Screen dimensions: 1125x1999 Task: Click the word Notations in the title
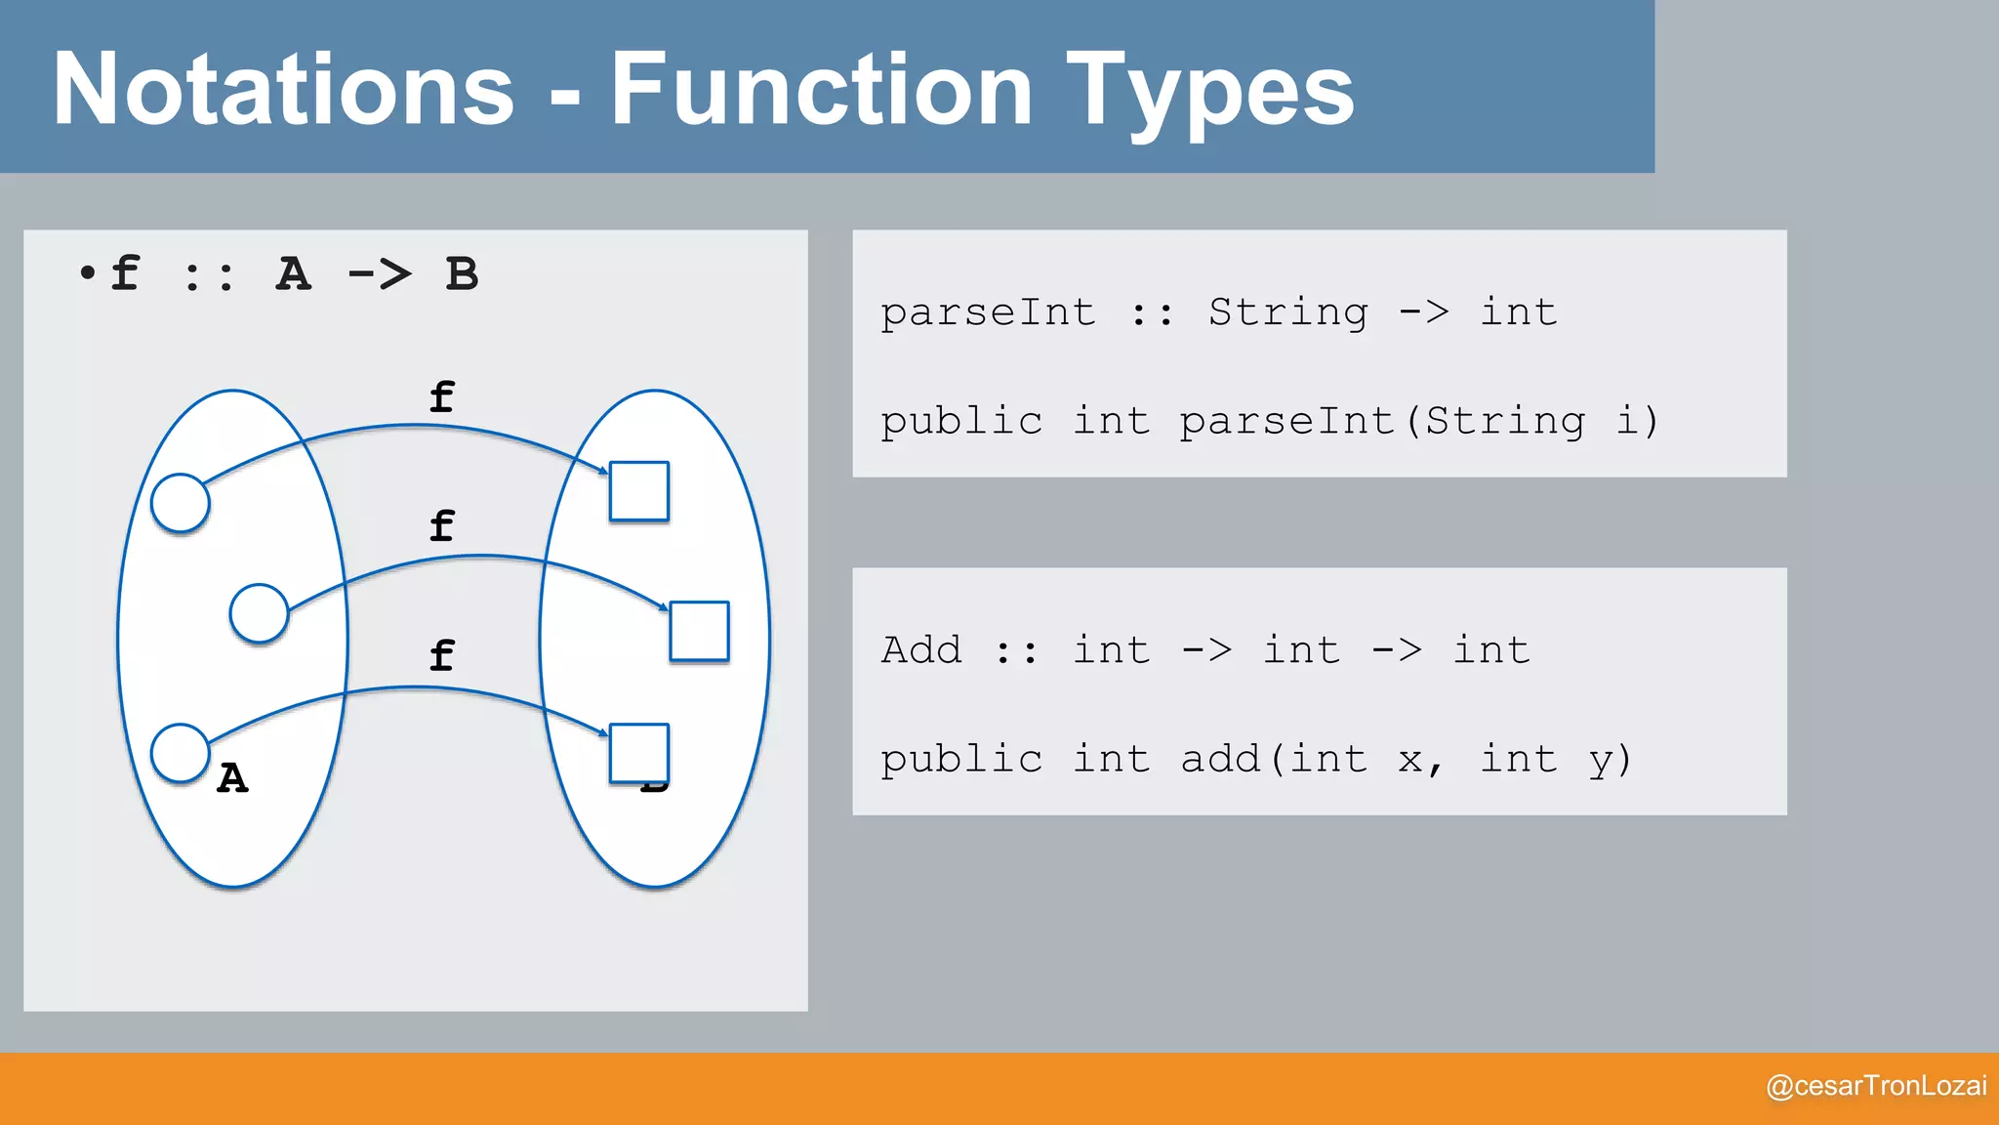[x=283, y=90]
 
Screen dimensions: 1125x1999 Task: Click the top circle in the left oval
[x=181, y=503]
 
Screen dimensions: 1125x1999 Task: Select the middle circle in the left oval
[x=259, y=613]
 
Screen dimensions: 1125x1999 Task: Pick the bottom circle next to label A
[x=181, y=753]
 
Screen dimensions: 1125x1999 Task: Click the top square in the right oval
[x=639, y=491]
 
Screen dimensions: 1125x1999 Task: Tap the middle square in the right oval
[x=699, y=631]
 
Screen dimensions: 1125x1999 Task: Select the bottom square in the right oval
[x=639, y=753]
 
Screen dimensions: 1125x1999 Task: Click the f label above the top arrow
[x=441, y=396]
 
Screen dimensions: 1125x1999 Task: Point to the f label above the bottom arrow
[x=441, y=654]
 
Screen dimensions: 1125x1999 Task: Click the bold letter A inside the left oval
[x=232, y=778]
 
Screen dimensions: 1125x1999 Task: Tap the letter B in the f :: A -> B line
[x=462, y=274]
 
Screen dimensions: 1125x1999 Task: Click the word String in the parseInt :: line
[x=1288, y=312]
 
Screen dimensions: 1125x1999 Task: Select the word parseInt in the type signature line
[x=988, y=312]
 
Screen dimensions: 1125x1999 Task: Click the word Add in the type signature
[x=921, y=649]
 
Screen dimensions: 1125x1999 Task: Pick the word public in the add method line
[x=961, y=759]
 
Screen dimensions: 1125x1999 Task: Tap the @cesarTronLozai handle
[x=1876, y=1086]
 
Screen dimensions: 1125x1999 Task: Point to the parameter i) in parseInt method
[x=1637, y=421]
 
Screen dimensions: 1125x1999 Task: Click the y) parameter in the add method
[x=1610, y=759]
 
